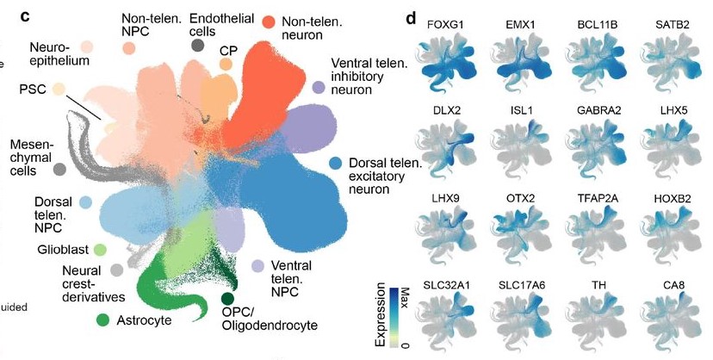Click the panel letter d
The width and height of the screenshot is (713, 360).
click(411, 16)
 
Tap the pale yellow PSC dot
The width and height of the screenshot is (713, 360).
click(59, 89)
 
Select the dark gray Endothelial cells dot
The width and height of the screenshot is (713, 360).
click(199, 46)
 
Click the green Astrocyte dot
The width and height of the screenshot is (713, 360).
click(103, 320)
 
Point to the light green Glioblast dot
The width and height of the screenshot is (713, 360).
click(100, 250)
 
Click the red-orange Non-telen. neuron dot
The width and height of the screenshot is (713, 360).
click(268, 22)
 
